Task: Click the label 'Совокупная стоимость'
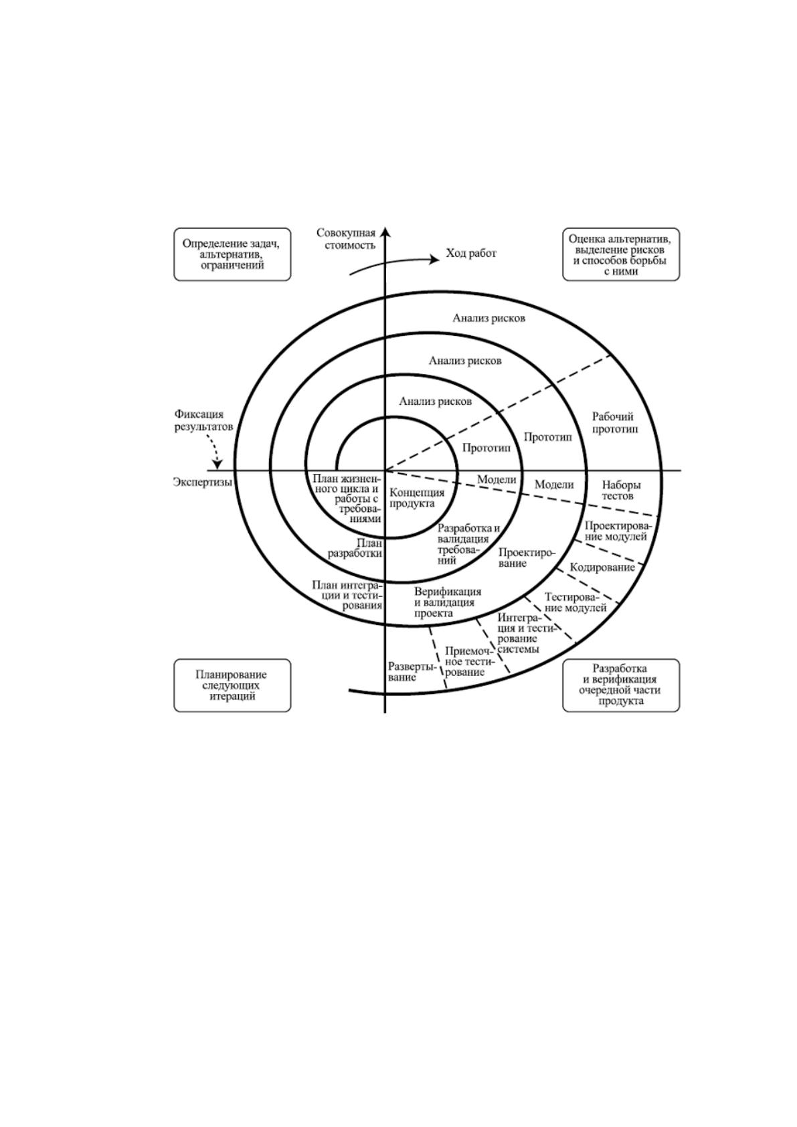point(346,240)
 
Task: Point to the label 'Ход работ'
point(471,253)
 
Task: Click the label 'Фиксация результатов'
point(204,420)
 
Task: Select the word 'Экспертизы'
point(202,482)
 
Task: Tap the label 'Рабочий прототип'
point(614,423)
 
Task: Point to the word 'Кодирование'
point(602,568)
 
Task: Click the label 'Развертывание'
point(411,672)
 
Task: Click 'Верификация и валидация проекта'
point(447,602)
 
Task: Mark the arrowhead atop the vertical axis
point(385,232)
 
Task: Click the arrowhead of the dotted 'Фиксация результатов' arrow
point(218,465)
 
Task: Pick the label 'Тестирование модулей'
point(575,602)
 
